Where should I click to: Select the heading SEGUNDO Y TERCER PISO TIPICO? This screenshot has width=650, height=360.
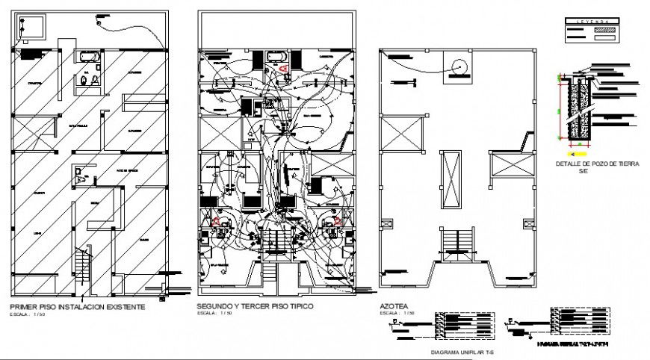255,307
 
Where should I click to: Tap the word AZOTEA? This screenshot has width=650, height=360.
395,307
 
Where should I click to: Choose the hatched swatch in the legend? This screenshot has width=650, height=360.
603,31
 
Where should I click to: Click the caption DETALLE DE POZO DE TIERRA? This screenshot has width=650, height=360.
598,164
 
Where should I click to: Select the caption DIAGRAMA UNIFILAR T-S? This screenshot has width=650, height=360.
464,351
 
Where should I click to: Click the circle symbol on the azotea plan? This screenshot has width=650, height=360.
459,67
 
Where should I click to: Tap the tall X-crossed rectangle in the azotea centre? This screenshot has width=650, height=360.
450,181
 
